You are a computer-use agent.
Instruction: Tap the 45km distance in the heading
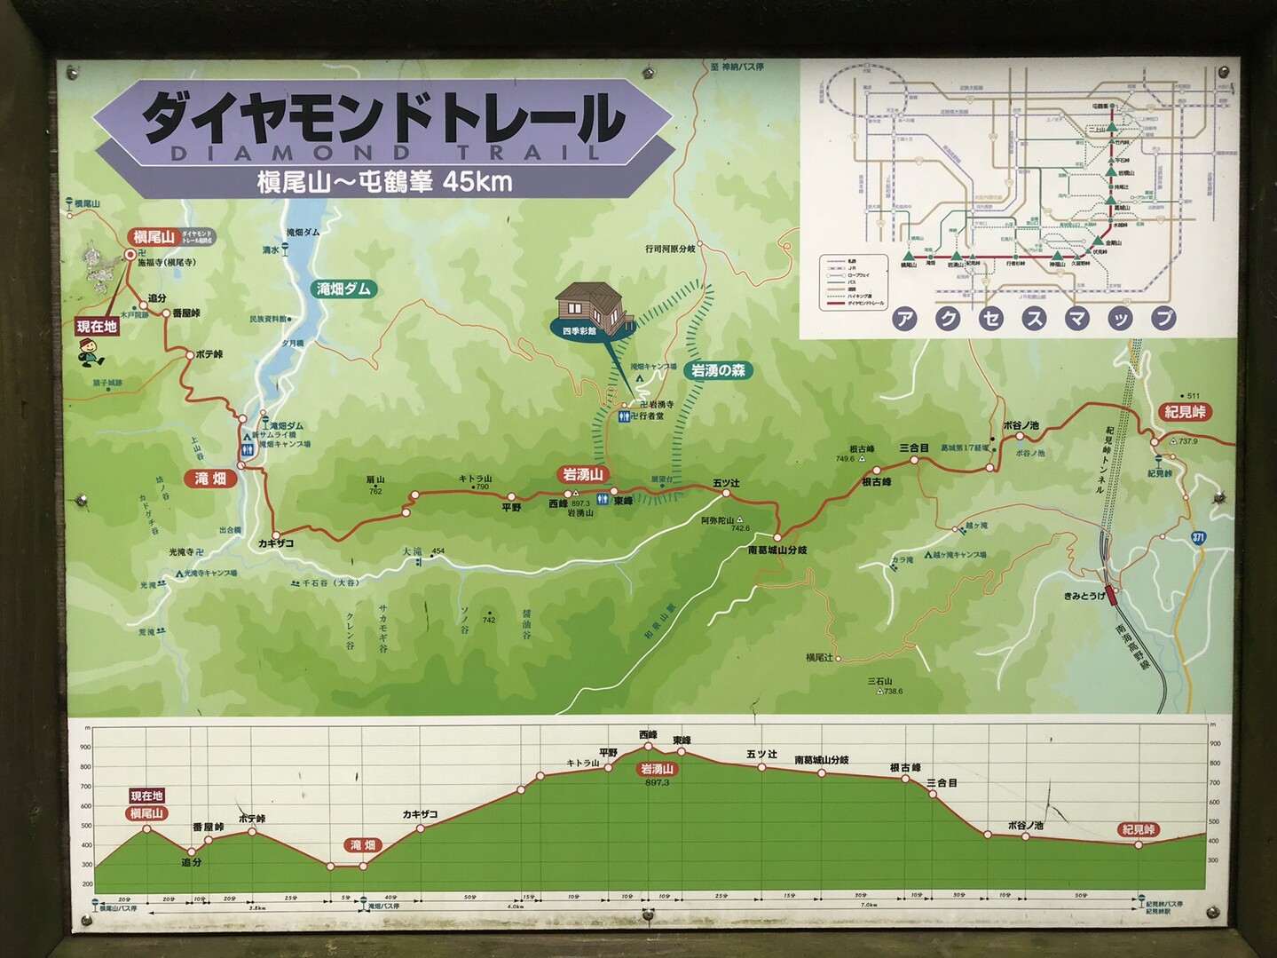point(477,182)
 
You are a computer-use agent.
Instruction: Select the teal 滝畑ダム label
point(343,289)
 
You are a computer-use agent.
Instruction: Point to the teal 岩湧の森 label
point(718,370)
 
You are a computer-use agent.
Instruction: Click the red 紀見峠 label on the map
point(1186,412)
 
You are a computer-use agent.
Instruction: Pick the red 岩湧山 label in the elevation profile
point(657,769)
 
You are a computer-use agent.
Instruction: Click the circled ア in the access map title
point(904,319)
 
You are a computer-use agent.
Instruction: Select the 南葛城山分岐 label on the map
point(777,550)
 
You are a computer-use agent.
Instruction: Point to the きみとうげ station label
point(1084,596)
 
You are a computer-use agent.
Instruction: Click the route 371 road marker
point(1198,537)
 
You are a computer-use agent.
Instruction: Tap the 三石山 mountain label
point(879,681)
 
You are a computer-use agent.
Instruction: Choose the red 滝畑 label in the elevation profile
point(363,844)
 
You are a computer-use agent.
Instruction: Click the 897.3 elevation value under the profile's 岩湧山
point(657,782)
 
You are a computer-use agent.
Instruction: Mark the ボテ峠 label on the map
point(209,353)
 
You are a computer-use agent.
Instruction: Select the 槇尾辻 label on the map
point(819,658)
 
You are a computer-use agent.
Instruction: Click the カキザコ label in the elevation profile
point(420,814)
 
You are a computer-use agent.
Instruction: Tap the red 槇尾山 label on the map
point(154,237)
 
